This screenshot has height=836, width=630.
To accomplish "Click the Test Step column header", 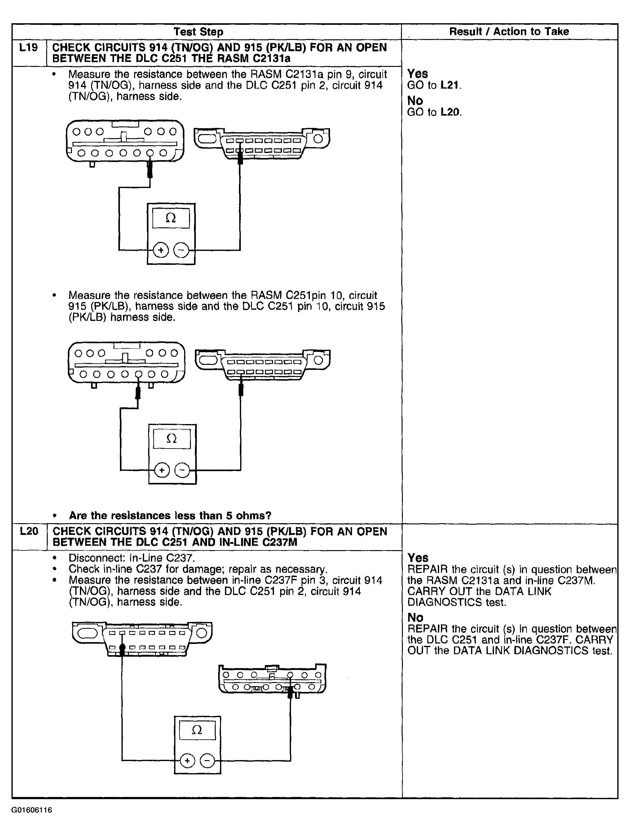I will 198,32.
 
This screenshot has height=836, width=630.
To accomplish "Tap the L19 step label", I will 29,48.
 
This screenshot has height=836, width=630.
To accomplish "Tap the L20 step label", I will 29,532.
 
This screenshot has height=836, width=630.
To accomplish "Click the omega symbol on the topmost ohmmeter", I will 171,218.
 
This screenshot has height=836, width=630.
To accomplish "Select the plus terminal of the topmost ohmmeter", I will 161,250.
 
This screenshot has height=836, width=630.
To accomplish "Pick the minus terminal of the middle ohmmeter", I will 182,470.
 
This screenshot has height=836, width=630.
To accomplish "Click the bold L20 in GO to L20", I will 450,112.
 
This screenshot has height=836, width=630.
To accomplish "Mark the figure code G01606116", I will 32,810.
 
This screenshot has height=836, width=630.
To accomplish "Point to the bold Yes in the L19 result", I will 417,73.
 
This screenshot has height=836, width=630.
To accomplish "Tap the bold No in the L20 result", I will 415,618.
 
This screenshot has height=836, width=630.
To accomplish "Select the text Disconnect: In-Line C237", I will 132,558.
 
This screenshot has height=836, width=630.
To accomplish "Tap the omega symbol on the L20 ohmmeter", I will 197,730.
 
